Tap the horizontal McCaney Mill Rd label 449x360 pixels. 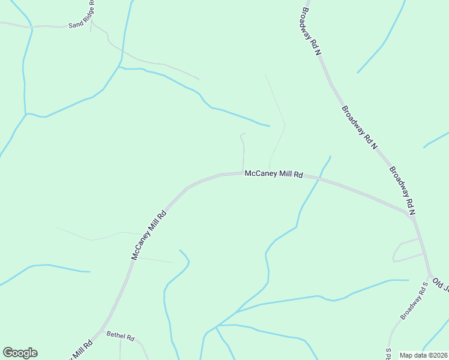[273, 175]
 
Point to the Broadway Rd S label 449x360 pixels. [414, 301]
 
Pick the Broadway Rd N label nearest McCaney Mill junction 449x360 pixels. [402, 191]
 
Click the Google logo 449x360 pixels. [20, 353]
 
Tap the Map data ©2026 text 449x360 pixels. [424, 355]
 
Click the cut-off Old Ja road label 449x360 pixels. [441, 284]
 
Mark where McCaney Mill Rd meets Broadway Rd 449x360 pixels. [412, 216]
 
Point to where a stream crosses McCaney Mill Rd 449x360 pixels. [313, 179]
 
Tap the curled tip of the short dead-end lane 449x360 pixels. [241, 134]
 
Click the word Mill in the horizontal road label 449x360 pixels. [279, 175]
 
